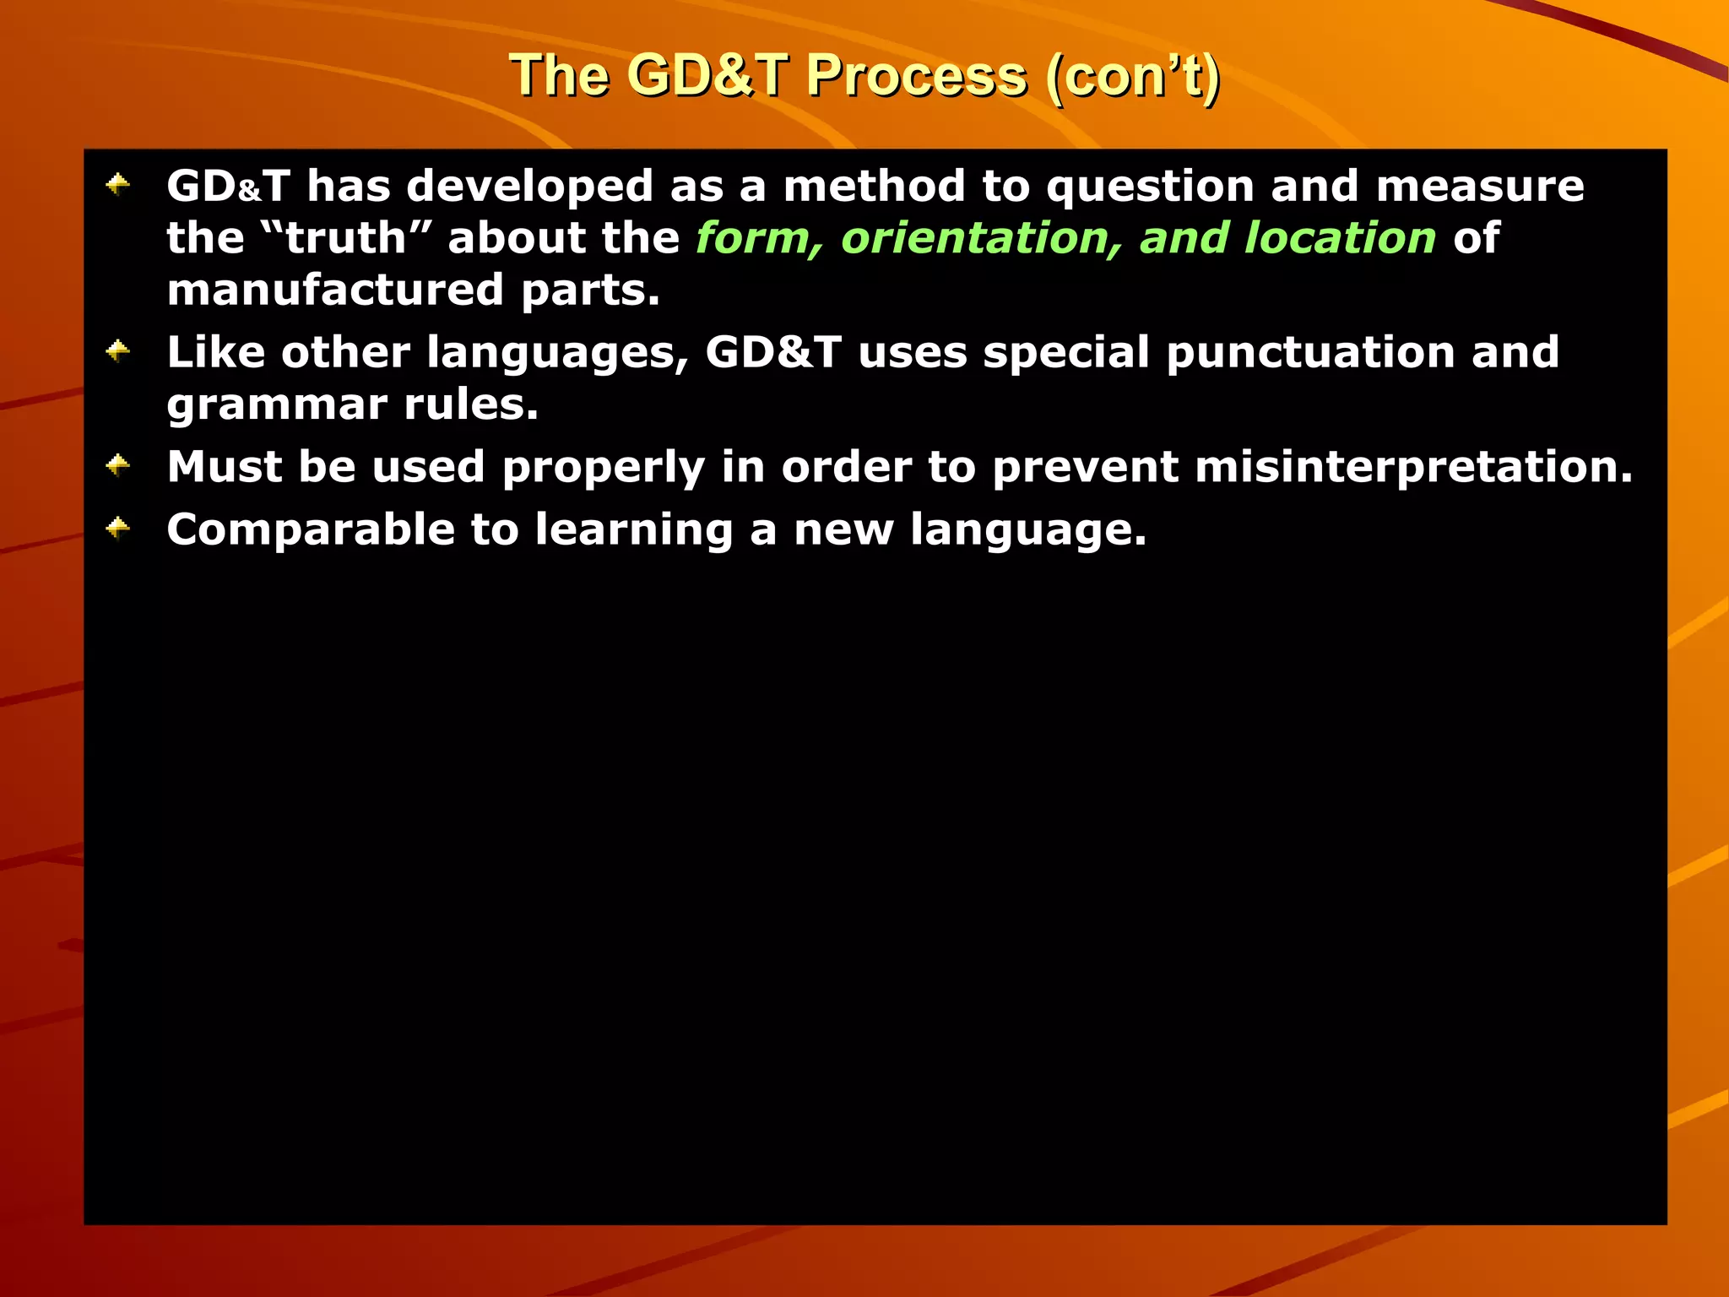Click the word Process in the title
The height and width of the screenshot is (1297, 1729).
point(916,76)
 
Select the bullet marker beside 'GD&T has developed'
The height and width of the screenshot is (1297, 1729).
point(118,185)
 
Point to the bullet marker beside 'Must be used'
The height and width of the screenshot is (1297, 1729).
point(118,465)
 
